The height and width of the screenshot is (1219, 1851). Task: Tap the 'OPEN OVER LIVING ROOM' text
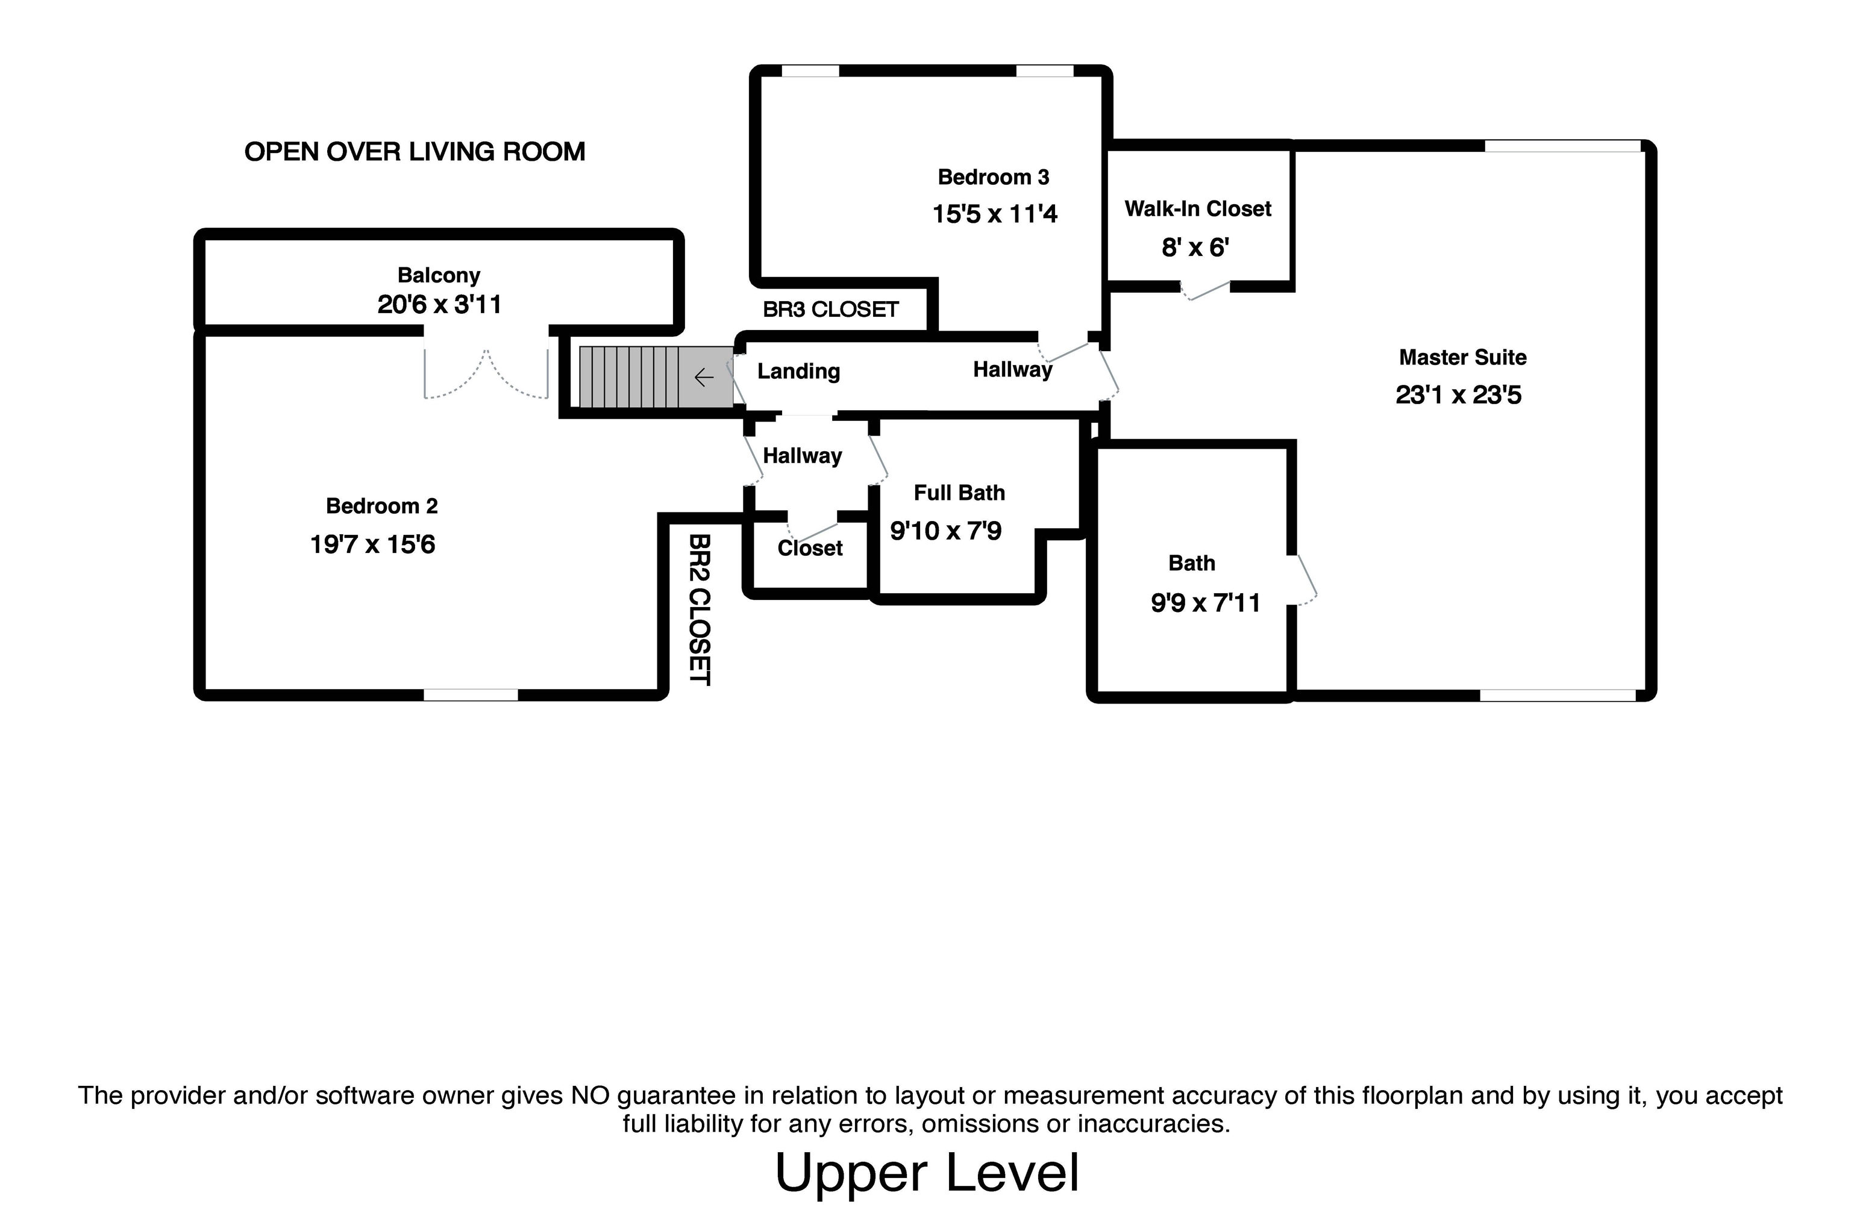[415, 152]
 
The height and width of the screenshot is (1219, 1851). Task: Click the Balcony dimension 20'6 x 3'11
[439, 304]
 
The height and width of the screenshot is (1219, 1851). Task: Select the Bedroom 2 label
[382, 506]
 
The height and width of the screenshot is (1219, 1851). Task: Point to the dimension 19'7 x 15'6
[372, 544]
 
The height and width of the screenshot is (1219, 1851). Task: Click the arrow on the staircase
[704, 378]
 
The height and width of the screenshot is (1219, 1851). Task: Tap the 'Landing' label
[799, 372]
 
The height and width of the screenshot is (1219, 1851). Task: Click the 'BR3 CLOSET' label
[831, 310]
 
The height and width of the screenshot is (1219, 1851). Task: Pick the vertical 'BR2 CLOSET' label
[700, 609]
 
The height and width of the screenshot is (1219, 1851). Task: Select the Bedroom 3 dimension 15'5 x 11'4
[995, 214]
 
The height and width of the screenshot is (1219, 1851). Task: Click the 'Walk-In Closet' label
[1198, 208]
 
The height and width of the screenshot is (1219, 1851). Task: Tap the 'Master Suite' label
[1463, 358]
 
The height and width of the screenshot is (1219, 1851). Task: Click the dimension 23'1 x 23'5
[1458, 395]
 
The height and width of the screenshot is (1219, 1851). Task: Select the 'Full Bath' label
[959, 493]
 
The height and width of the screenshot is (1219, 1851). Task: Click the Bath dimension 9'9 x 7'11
[1206, 602]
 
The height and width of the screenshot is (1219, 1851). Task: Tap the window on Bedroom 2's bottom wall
[471, 695]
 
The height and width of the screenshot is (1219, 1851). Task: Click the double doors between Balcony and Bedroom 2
[486, 373]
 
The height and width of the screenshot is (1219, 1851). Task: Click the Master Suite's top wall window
[1562, 145]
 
